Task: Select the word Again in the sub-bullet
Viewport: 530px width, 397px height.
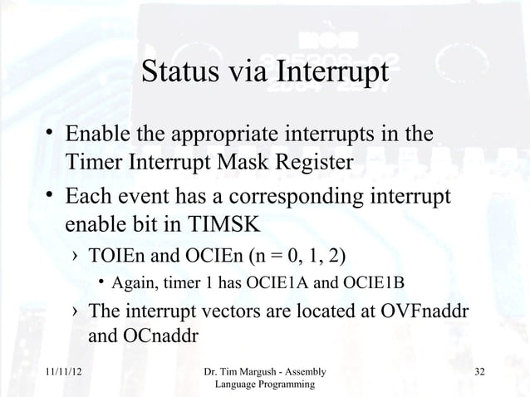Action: click(133, 283)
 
